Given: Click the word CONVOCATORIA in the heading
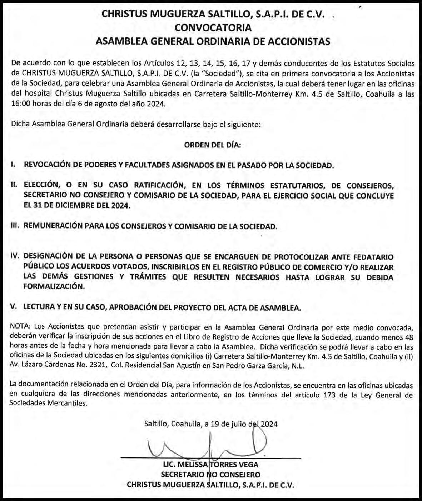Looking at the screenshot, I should pyautogui.click(x=213, y=27).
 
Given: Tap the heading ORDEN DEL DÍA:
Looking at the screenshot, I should pyautogui.click(x=213, y=145).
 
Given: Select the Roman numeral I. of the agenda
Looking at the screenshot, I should pyautogui.click(x=13, y=165).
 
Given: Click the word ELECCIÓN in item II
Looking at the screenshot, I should pyautogui.click(x=41, y=185).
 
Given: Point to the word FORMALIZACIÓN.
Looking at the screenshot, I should pyautogui.click(x=54, y=286).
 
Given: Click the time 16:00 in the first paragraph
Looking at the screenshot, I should pyautogui.click(x=19, y=105).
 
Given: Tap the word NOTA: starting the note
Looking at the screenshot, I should pyautogui.click(x=21, y=327).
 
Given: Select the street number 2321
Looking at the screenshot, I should pyautogui.click(x=96, y=366).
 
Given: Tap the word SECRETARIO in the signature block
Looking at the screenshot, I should pyautogui.click(x=183, y=475).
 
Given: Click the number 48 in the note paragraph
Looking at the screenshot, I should pyautogui.click(x=408, y=337).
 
